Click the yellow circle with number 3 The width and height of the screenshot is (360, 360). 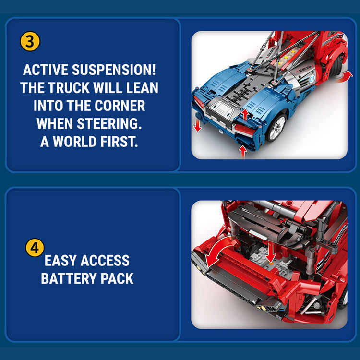tap(30, 41)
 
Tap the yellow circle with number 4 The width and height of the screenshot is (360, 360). tap(35, 248)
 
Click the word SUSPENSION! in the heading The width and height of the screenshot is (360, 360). tap(114, 70)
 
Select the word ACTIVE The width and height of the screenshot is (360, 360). tap(46, 70)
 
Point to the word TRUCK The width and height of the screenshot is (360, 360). tap(69, 87)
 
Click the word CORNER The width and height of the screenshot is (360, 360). tap(120, 106)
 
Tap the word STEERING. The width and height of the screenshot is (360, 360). tap(109, 123)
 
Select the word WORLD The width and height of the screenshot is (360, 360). tap(74, 142)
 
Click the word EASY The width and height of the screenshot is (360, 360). tap(60, 260)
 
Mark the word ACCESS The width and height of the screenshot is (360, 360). tap(105, 260)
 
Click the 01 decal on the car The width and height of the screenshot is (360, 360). tap(312, 79)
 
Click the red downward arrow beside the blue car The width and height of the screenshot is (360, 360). tap(197, 126)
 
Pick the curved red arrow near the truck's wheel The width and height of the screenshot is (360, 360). tap(344, 76)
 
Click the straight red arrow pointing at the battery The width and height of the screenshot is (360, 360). tap(271, 252)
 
